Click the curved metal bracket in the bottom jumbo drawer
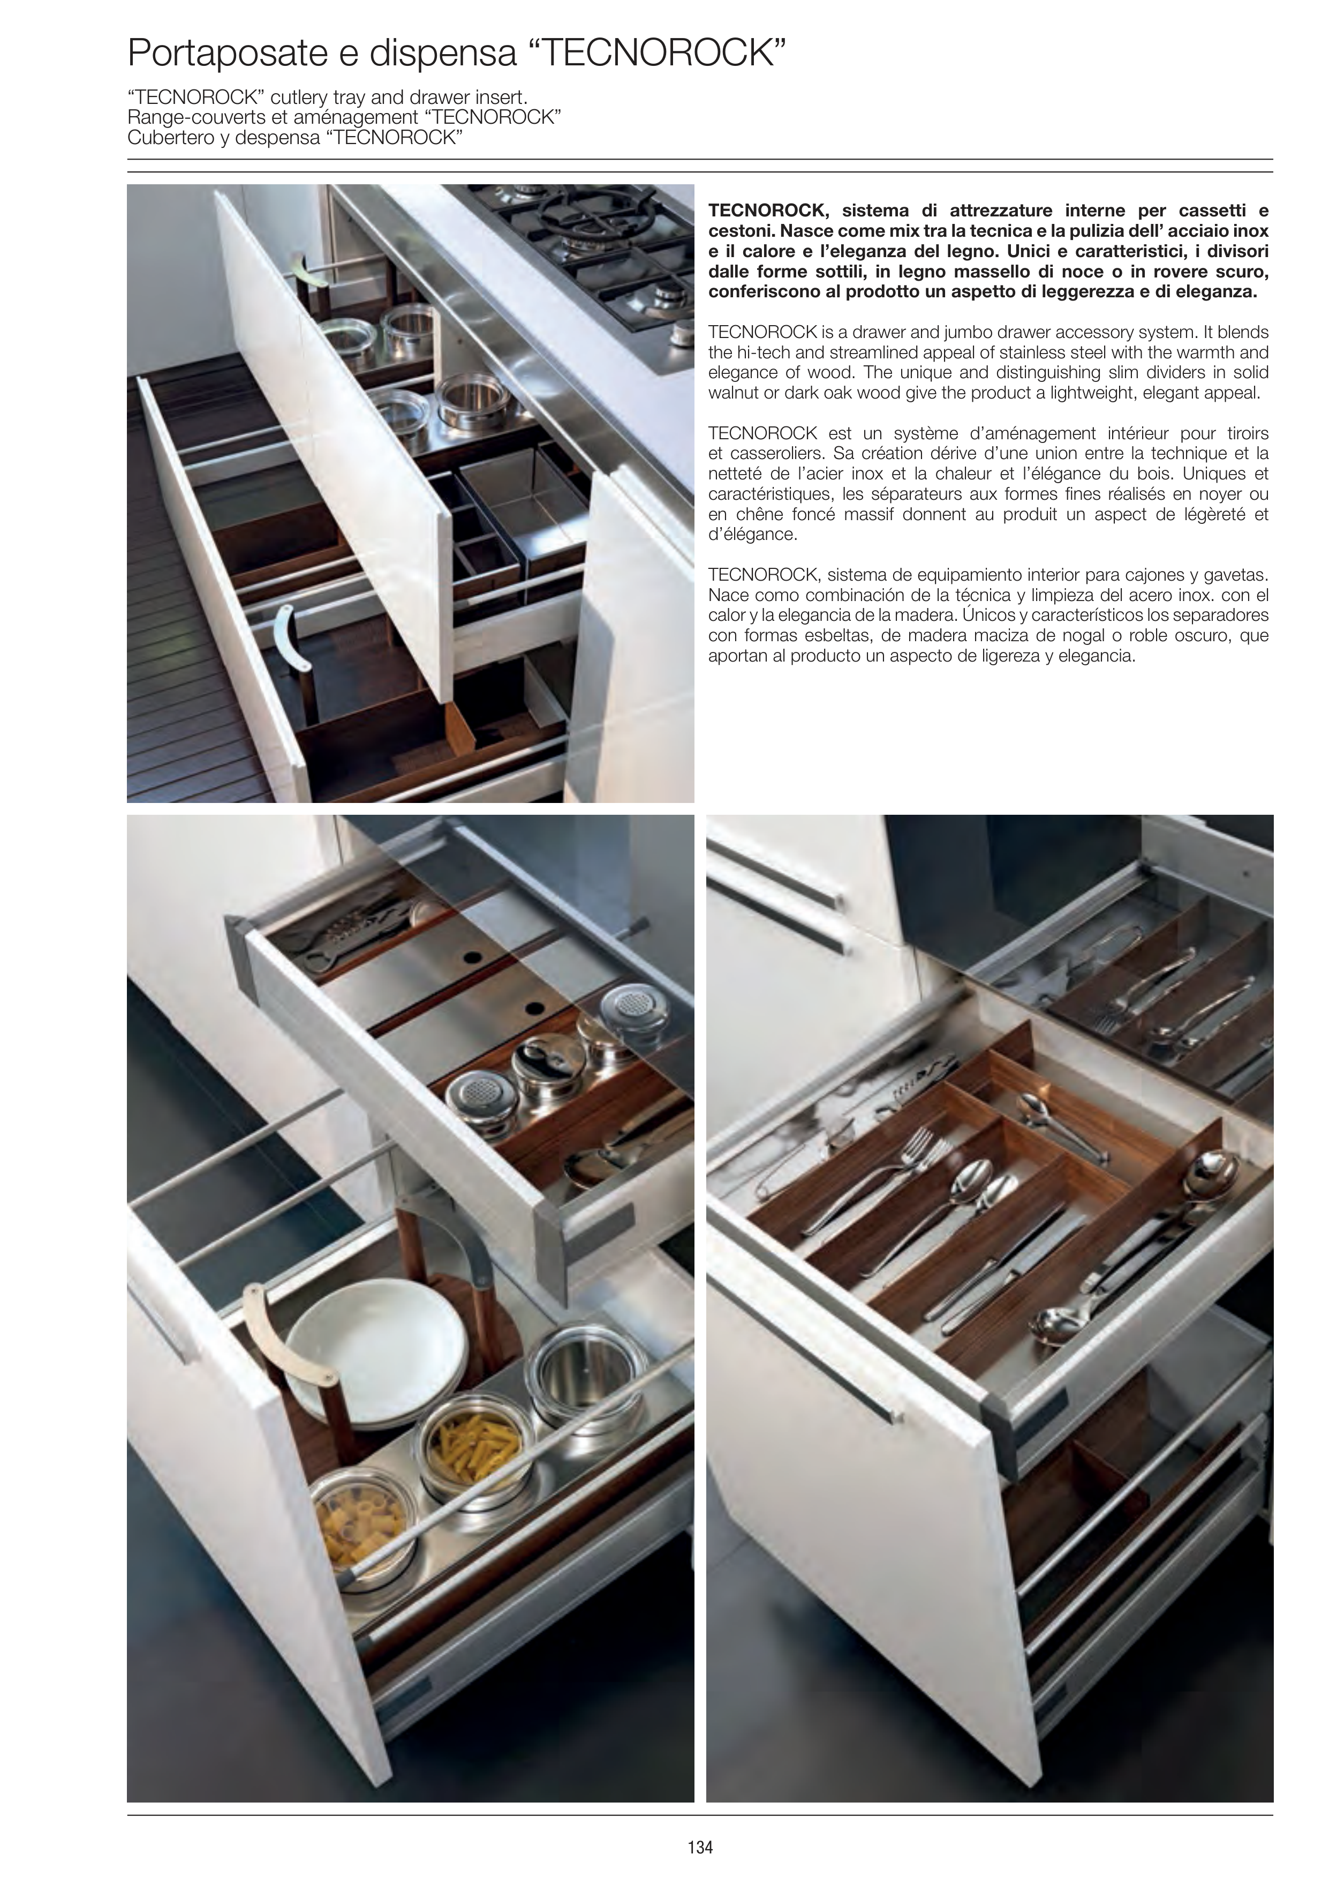click(288, 635)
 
